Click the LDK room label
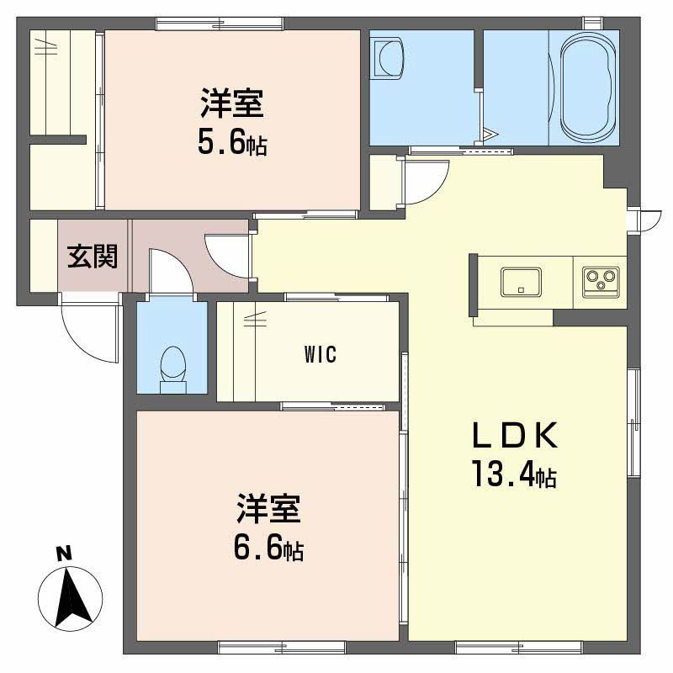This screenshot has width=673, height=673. pos(513,437)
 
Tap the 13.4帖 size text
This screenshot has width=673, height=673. pos(512,476)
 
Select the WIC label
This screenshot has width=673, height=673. pos(321,354)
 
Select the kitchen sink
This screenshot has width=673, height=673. pos(522,281)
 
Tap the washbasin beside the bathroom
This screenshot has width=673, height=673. pos(388,59)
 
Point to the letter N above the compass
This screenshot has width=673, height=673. pos(61,554)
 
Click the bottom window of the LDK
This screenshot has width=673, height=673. pos(518,647)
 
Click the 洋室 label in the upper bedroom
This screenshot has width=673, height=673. pos(232,104)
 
